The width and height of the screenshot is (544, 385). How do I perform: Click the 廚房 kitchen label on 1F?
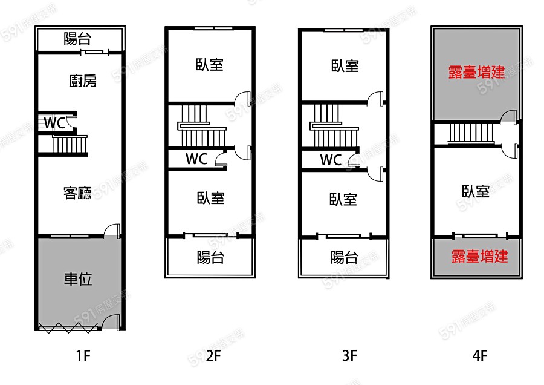pyautogui.click(x=83, y=81)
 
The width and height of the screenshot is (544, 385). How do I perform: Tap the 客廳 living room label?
pyautogui.click(x=77, y=193)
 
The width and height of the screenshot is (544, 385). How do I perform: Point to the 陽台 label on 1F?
pyautogui.click(x=77, y=39)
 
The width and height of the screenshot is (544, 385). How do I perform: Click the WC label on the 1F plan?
pyautogui.click(x=54, y=123)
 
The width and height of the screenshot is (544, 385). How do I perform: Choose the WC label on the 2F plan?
pyautogui.click(x=196, y=159)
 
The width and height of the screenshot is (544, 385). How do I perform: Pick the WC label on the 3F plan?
pyautogui.click(x=331, y=160)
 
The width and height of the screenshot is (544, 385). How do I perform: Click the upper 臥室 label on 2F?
pyautogui.click(x=210, y=65)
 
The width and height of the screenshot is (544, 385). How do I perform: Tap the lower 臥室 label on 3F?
pyautogui.click(x=343, y=199)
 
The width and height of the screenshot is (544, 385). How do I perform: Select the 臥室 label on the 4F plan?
pyautogui.click(x=476, y=192)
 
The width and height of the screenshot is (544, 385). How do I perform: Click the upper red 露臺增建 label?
pyautogui.click(x=476, y=72)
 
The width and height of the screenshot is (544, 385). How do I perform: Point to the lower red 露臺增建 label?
pyautogui.click(x=479, y=257)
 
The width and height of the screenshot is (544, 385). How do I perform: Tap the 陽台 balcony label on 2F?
pyautogui.click(x=210, y=257)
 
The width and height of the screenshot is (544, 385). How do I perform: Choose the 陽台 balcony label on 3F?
pyautogui.click(x=344, y=257)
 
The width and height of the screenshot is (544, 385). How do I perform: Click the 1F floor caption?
pyautogui.click(x=83, y=355)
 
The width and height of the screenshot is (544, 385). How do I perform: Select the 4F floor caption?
pyautogui.click(x=479, y=355)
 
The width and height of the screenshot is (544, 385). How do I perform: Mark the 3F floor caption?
pyautogui.click(x=349, y=355)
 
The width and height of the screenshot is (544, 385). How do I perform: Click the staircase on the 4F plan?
pyautogui.click(x=470, y=133)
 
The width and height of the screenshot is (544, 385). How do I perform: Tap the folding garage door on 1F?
pyautogui.click(x=66, y=327)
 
